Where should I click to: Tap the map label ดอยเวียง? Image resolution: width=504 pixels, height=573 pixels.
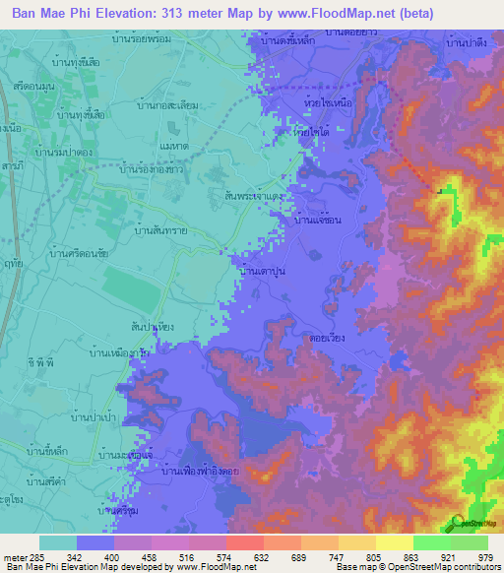tap(323, 336)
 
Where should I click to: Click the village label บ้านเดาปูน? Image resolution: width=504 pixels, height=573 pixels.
tap(263, 270)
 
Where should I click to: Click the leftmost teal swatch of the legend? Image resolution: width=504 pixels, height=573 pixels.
tap(58, 541)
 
